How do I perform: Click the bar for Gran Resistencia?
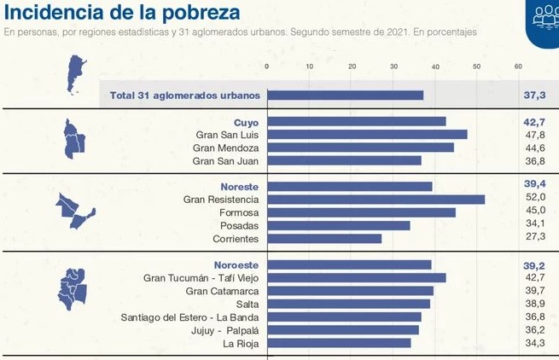click(x=376, y=199)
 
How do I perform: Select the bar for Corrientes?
click(x=324, y=238)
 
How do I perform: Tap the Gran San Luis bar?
click(x=367, y=134)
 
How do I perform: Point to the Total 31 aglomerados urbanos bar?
click(x=346, y=95)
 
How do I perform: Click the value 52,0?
click(x=534, y=199)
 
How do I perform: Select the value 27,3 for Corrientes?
click(x=534, y=238)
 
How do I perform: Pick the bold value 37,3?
click(x=534, y=95)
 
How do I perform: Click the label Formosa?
click(x=238, y=212)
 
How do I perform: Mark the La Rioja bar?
click(x=339, y=343)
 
